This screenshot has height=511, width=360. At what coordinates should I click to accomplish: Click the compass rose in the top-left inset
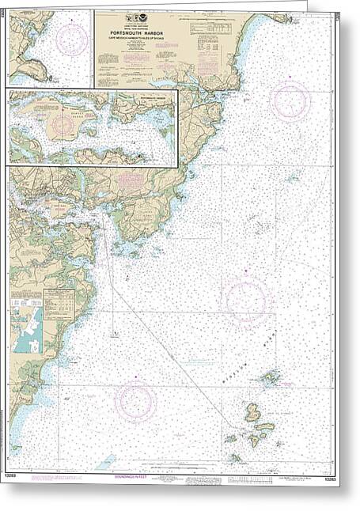pos(72,38)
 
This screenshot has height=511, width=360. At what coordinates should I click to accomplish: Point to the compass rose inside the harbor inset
pos(63,124)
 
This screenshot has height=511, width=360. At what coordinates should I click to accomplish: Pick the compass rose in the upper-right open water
pos(290,100)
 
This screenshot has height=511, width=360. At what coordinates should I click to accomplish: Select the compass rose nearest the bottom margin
pos(136,402)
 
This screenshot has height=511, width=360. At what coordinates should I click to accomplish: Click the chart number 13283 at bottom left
pos(17,477)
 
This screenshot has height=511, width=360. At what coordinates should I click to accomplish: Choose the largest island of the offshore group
pos(252,412)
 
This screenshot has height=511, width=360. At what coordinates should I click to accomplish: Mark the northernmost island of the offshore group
pos(271,377)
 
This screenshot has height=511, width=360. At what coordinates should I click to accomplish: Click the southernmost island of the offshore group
pos(235,457)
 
